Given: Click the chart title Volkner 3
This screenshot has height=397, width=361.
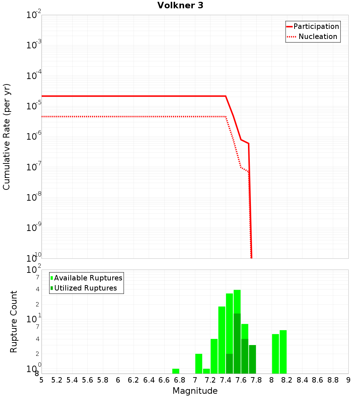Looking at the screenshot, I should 180,6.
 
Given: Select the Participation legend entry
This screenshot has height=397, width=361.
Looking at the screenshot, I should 316,26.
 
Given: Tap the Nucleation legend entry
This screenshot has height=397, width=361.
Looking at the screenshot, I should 317,36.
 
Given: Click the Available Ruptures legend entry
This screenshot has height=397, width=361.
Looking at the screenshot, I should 88,278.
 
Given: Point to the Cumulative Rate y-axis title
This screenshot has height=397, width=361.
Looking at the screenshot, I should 6,137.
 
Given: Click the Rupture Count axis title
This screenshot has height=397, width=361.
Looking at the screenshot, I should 14,322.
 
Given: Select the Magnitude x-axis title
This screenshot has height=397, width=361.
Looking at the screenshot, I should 195,391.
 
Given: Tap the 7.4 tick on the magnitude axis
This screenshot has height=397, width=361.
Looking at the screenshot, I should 226,380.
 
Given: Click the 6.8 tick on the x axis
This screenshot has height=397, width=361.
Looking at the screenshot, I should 179,380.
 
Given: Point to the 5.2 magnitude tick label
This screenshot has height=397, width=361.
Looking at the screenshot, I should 57,380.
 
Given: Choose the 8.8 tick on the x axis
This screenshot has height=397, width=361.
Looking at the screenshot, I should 333,380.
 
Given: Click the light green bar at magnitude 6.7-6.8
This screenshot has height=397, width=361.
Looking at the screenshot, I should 176,371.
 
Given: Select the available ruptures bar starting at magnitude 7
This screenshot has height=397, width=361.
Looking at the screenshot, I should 199,363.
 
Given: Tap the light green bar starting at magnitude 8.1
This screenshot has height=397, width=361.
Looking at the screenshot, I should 283,352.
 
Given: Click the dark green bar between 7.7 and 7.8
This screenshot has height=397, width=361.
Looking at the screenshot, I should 252,359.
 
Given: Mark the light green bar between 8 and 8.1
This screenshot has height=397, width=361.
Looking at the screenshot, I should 275,354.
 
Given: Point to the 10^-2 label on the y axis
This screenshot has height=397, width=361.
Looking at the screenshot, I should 34,15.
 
